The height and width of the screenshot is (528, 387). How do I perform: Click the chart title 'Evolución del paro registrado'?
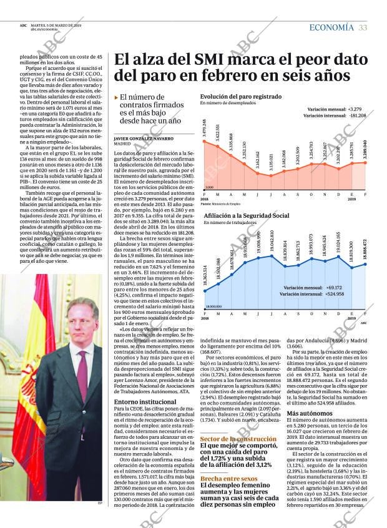pos(240,97)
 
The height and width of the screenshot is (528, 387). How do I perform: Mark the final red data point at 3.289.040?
pos(366,163)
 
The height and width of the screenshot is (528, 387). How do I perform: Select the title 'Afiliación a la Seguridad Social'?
pos(246,215)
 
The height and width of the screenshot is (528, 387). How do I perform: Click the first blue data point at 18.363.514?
pos(205,291)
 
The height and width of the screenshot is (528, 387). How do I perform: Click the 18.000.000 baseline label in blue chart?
pos(213,306)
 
